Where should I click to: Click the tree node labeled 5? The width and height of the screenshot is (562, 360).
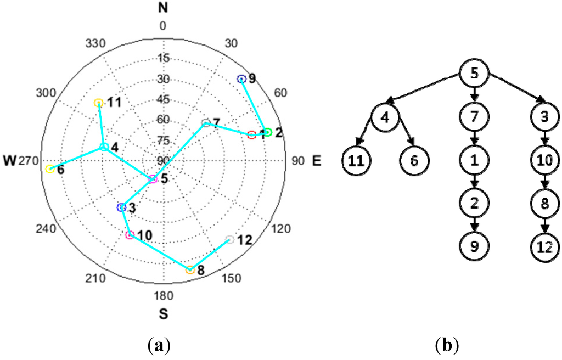coord(474,74)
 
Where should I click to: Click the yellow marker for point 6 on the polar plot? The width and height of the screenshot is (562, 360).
coord(50,169)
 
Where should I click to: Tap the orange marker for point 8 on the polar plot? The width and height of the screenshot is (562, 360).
coord(190,270)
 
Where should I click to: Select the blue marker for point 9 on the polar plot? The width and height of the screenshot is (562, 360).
coord(240,80)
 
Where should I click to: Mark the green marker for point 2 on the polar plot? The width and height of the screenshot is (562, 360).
coord(267,132)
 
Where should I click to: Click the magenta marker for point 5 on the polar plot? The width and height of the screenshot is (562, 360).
coord(153,179)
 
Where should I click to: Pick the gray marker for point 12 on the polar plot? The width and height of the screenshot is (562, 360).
coord(229,239)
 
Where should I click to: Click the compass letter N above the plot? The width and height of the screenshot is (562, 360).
coord(162,7)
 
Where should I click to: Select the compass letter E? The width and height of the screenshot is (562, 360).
coord(317,161)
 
